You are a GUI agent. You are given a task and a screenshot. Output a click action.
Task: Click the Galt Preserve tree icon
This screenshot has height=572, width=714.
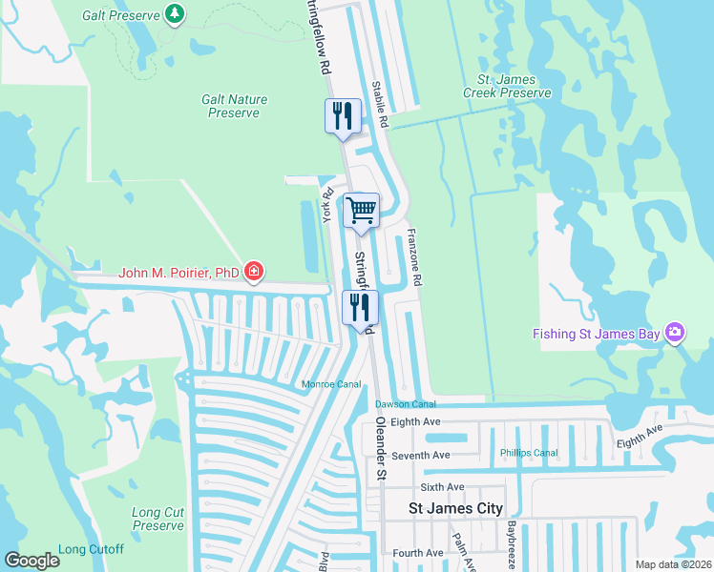(x=174, y=13)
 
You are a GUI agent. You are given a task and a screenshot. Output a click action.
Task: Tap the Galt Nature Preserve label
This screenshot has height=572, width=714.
(x=234, y=106)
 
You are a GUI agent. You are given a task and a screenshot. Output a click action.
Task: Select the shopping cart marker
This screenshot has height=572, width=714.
(x=361, y=210)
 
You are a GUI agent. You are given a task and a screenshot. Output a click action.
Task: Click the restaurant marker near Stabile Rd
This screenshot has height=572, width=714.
(x=343, y=116)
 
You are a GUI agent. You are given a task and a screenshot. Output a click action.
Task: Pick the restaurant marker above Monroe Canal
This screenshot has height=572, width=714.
(x=360, y=307)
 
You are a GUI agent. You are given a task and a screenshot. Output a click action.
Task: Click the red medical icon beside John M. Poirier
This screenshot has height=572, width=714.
(x=253, y=273)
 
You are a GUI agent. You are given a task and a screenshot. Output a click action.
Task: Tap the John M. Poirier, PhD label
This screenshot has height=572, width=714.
(x=178, y=273)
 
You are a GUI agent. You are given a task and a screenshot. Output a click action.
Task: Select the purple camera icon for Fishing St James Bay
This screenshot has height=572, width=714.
(x=675, y=332)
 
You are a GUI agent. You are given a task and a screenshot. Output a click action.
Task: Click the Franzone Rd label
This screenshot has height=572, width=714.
(x=413, y=257)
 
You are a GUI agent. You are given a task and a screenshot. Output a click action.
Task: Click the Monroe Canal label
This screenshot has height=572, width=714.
(x=331, y=384)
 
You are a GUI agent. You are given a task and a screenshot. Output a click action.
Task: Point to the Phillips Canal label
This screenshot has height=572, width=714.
(x=529, y=453)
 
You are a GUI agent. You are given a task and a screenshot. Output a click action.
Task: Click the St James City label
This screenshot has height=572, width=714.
(x=455, y=509)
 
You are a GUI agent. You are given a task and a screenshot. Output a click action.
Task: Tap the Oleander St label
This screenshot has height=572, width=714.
(x=380, y=433)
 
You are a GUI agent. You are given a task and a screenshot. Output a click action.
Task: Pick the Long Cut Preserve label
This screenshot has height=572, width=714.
(x=158, y=520)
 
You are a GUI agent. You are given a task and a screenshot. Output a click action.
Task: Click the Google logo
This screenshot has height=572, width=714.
(x=31, y=561)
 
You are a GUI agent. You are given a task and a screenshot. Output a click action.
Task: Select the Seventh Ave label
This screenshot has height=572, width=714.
(x=421, y=456)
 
